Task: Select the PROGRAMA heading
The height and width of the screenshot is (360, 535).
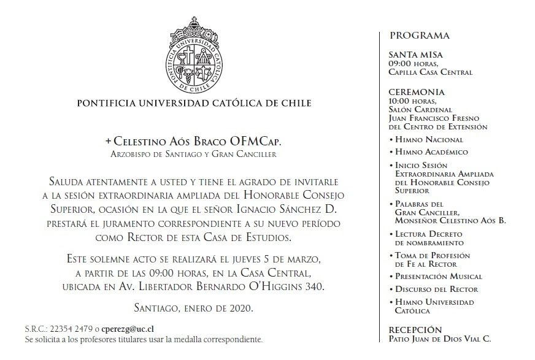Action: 420,36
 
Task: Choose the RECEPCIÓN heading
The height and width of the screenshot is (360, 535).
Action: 415,330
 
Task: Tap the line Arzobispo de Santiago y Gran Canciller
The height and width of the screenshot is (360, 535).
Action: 194,154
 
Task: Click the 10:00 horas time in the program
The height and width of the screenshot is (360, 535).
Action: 412,101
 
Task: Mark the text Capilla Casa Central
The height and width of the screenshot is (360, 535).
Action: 430,72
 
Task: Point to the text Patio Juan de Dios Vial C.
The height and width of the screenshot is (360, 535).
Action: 439,339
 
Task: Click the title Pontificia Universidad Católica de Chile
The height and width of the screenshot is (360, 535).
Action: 194,103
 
